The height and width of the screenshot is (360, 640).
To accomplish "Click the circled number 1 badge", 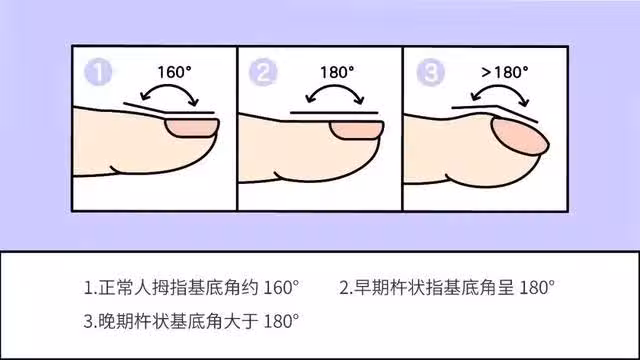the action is [x=98, y=72].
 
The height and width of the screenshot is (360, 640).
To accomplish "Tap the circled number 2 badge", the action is [x=263, y=72].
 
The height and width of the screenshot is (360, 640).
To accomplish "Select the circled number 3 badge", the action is [x=430, y=72].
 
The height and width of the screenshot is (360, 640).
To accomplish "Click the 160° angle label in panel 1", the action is [x=174, y=72].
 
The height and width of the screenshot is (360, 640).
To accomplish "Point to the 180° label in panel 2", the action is [x=337, y=72].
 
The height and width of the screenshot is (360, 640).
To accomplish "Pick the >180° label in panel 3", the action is [x=504, y=72].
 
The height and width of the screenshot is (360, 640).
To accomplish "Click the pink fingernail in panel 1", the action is [x=192, y=128].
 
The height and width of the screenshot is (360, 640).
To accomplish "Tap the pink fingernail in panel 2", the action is [x=357, y=130].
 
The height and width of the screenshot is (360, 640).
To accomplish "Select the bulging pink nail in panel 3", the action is [x=520, y=136].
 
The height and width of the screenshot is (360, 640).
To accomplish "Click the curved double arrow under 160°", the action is [x=169, y=86].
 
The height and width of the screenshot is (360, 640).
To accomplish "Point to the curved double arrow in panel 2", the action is [x=334, y=86].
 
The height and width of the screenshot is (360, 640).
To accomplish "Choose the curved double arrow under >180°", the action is [x=500, y=86].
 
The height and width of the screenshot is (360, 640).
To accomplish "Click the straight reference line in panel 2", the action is [x=334, y=113].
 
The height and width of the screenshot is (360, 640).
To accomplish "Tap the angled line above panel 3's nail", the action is [x=493, y=107].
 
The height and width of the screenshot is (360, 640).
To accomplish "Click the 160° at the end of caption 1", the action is [x=281, y=288].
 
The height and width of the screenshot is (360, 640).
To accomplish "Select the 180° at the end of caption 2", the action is [x=537, y=288].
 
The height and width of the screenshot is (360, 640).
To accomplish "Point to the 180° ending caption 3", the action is [x=281, y=321].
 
